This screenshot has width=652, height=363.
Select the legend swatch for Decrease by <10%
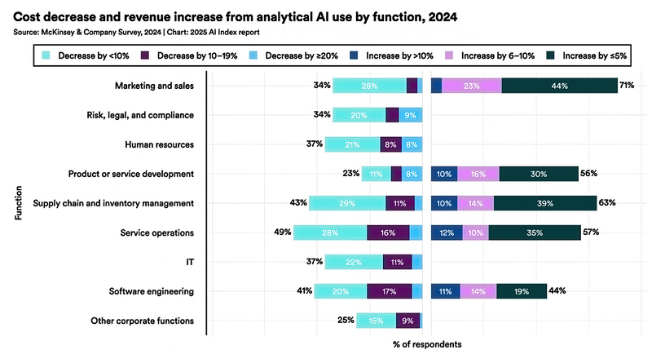click(x=46, y=55)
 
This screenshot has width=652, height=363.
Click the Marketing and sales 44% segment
click(x=559, y=86)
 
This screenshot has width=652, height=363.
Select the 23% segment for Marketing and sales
click(x=471, y=86)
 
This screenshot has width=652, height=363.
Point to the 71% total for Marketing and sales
click(x=627, y=86)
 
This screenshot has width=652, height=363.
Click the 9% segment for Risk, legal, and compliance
click(x=411, y=115)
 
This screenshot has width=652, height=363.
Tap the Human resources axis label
click(x=159, y=144)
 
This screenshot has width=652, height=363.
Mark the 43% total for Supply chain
click(x=298, y=203)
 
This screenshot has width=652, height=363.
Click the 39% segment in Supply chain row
click(x=546, y=203)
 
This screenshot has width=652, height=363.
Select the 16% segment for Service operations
click(x=388, y=232)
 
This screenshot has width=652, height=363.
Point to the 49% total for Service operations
click(x=283, y=232)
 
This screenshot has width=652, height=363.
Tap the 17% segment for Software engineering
click(x=389, y=291)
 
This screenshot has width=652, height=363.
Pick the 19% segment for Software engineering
click(x=522, y=291)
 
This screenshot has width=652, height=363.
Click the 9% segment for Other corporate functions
click(x=407, y=321)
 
